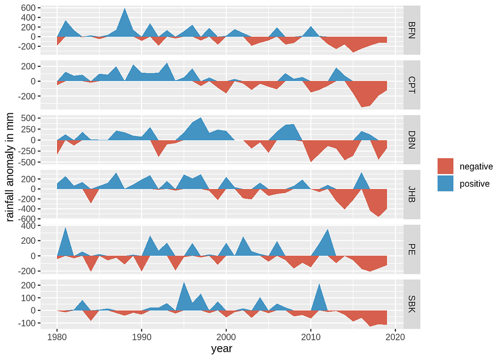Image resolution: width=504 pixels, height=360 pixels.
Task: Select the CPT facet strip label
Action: tap(412, 85)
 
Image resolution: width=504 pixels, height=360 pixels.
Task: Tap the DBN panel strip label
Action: tap(412, 140)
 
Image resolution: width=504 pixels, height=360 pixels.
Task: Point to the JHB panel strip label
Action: tap(412, 195)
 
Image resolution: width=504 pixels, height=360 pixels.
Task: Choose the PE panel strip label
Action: tap(412, 250)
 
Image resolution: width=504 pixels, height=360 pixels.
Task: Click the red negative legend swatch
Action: tap(445, 166)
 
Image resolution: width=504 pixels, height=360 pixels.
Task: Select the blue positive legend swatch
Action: tap(445, 184)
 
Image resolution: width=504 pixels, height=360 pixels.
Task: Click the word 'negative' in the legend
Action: tap(476, 166)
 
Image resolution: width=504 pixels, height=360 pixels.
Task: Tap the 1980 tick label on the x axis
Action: tap(57, 337)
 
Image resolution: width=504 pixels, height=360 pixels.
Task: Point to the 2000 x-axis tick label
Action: tap(226, 337)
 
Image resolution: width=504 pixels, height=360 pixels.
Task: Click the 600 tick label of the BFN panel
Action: tap(28, 8)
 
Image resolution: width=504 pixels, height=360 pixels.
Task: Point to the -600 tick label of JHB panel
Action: tap(27, 219)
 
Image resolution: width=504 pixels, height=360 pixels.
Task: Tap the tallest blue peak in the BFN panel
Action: tap(125, 11)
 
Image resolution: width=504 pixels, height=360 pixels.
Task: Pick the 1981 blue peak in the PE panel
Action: tap(65, 230)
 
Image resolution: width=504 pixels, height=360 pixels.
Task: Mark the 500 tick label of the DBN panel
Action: tap(28, 118)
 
